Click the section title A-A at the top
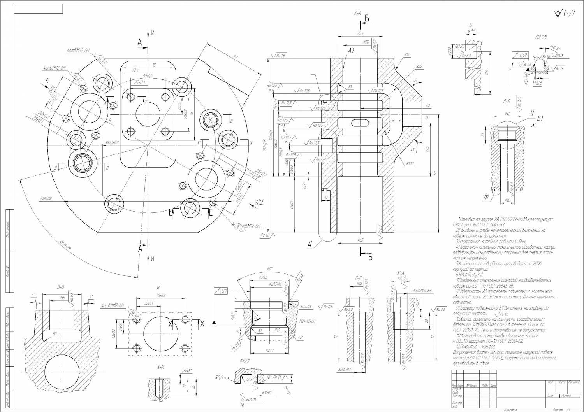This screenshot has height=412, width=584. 357,14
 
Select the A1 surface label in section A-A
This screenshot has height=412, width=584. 351,51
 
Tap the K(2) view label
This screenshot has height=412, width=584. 260,202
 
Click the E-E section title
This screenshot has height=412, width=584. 359,279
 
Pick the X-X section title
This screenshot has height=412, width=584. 160,367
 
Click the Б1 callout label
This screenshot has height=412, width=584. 540,118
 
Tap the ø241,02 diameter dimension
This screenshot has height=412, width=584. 46,198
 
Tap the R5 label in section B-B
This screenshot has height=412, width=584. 55,333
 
